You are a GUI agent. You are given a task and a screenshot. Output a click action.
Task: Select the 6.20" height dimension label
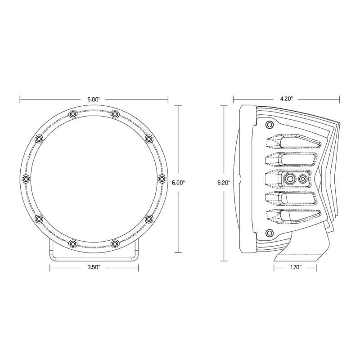pyautogui.click(x=223, y=183)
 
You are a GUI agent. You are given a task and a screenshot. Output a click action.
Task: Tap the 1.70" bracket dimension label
pyautogui.click(x=295, y=267)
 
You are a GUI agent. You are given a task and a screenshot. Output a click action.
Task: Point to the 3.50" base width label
pyautogui.click(x=94, y=267)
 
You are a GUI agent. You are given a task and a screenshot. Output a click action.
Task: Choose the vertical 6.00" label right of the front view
pyautogui.click(x=179, y=183)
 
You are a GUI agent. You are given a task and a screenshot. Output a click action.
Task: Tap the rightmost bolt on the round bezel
pyautogui.click(x=162, y=179)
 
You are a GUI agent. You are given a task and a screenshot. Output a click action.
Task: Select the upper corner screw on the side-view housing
pyautogui.click(x=270, y=125)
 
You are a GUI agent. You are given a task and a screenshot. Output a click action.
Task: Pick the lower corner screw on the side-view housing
pyautogui.click(x=270, y=232)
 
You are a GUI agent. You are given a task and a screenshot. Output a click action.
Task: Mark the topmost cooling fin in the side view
pyautogui.click(x=292, y=143)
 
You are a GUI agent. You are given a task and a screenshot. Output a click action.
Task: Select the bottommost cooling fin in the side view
pyautogui.click(x=292, y=216)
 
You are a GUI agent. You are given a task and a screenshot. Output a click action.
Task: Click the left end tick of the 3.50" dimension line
pyautogui.click(x=50, y=267)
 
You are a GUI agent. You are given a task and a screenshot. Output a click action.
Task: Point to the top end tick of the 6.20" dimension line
pyautogui.click(x=223, y=105)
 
